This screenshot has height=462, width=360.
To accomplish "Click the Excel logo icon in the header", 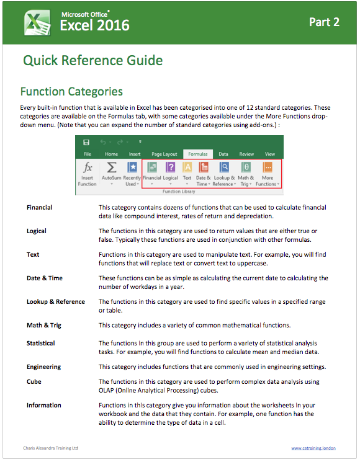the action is pos(37,23).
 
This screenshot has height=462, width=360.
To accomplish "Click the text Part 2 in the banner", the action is pos(324,22).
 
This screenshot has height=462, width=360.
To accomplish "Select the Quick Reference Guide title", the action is pos(93,60).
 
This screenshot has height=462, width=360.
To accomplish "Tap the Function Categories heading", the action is pos(71,92).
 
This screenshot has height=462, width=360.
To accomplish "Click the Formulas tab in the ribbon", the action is pos(198,154).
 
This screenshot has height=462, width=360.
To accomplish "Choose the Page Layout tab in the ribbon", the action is pos(164,154).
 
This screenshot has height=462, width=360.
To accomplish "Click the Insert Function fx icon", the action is pos(88,167).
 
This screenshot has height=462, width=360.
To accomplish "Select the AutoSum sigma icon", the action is pos(112,167).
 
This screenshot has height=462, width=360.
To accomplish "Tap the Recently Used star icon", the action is pos(132,167).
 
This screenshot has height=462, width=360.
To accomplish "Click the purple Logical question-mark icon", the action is pos(171,167).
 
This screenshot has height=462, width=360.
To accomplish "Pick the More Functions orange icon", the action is pos(268,167).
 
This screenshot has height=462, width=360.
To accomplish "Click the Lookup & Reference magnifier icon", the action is pos(224,167).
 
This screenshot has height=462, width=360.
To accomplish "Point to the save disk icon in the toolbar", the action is pos(86,143).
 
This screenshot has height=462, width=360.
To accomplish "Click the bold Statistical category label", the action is pos(41,344).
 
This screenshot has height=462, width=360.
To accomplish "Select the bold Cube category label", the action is pos(34,381).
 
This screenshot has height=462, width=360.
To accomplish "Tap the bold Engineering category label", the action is pos(43,367).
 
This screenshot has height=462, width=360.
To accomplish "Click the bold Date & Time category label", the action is pos(45,278).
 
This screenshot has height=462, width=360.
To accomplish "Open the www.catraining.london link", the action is pos(313,448).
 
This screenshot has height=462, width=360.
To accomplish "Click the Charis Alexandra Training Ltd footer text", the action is pos(51,448).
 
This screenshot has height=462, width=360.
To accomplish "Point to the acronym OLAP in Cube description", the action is pos(106,391).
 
